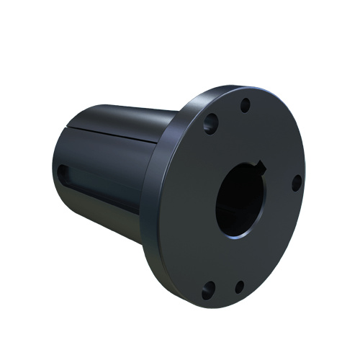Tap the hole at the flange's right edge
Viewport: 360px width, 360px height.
pyautogui.click(x=296, y=183)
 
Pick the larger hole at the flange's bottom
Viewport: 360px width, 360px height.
pyautogui.click(x=208, y=289)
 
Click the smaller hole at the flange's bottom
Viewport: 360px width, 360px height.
pyautogui.click(x=240, y=287)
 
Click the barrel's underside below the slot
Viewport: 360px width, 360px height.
pyautogui.click(x=101, y=216)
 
